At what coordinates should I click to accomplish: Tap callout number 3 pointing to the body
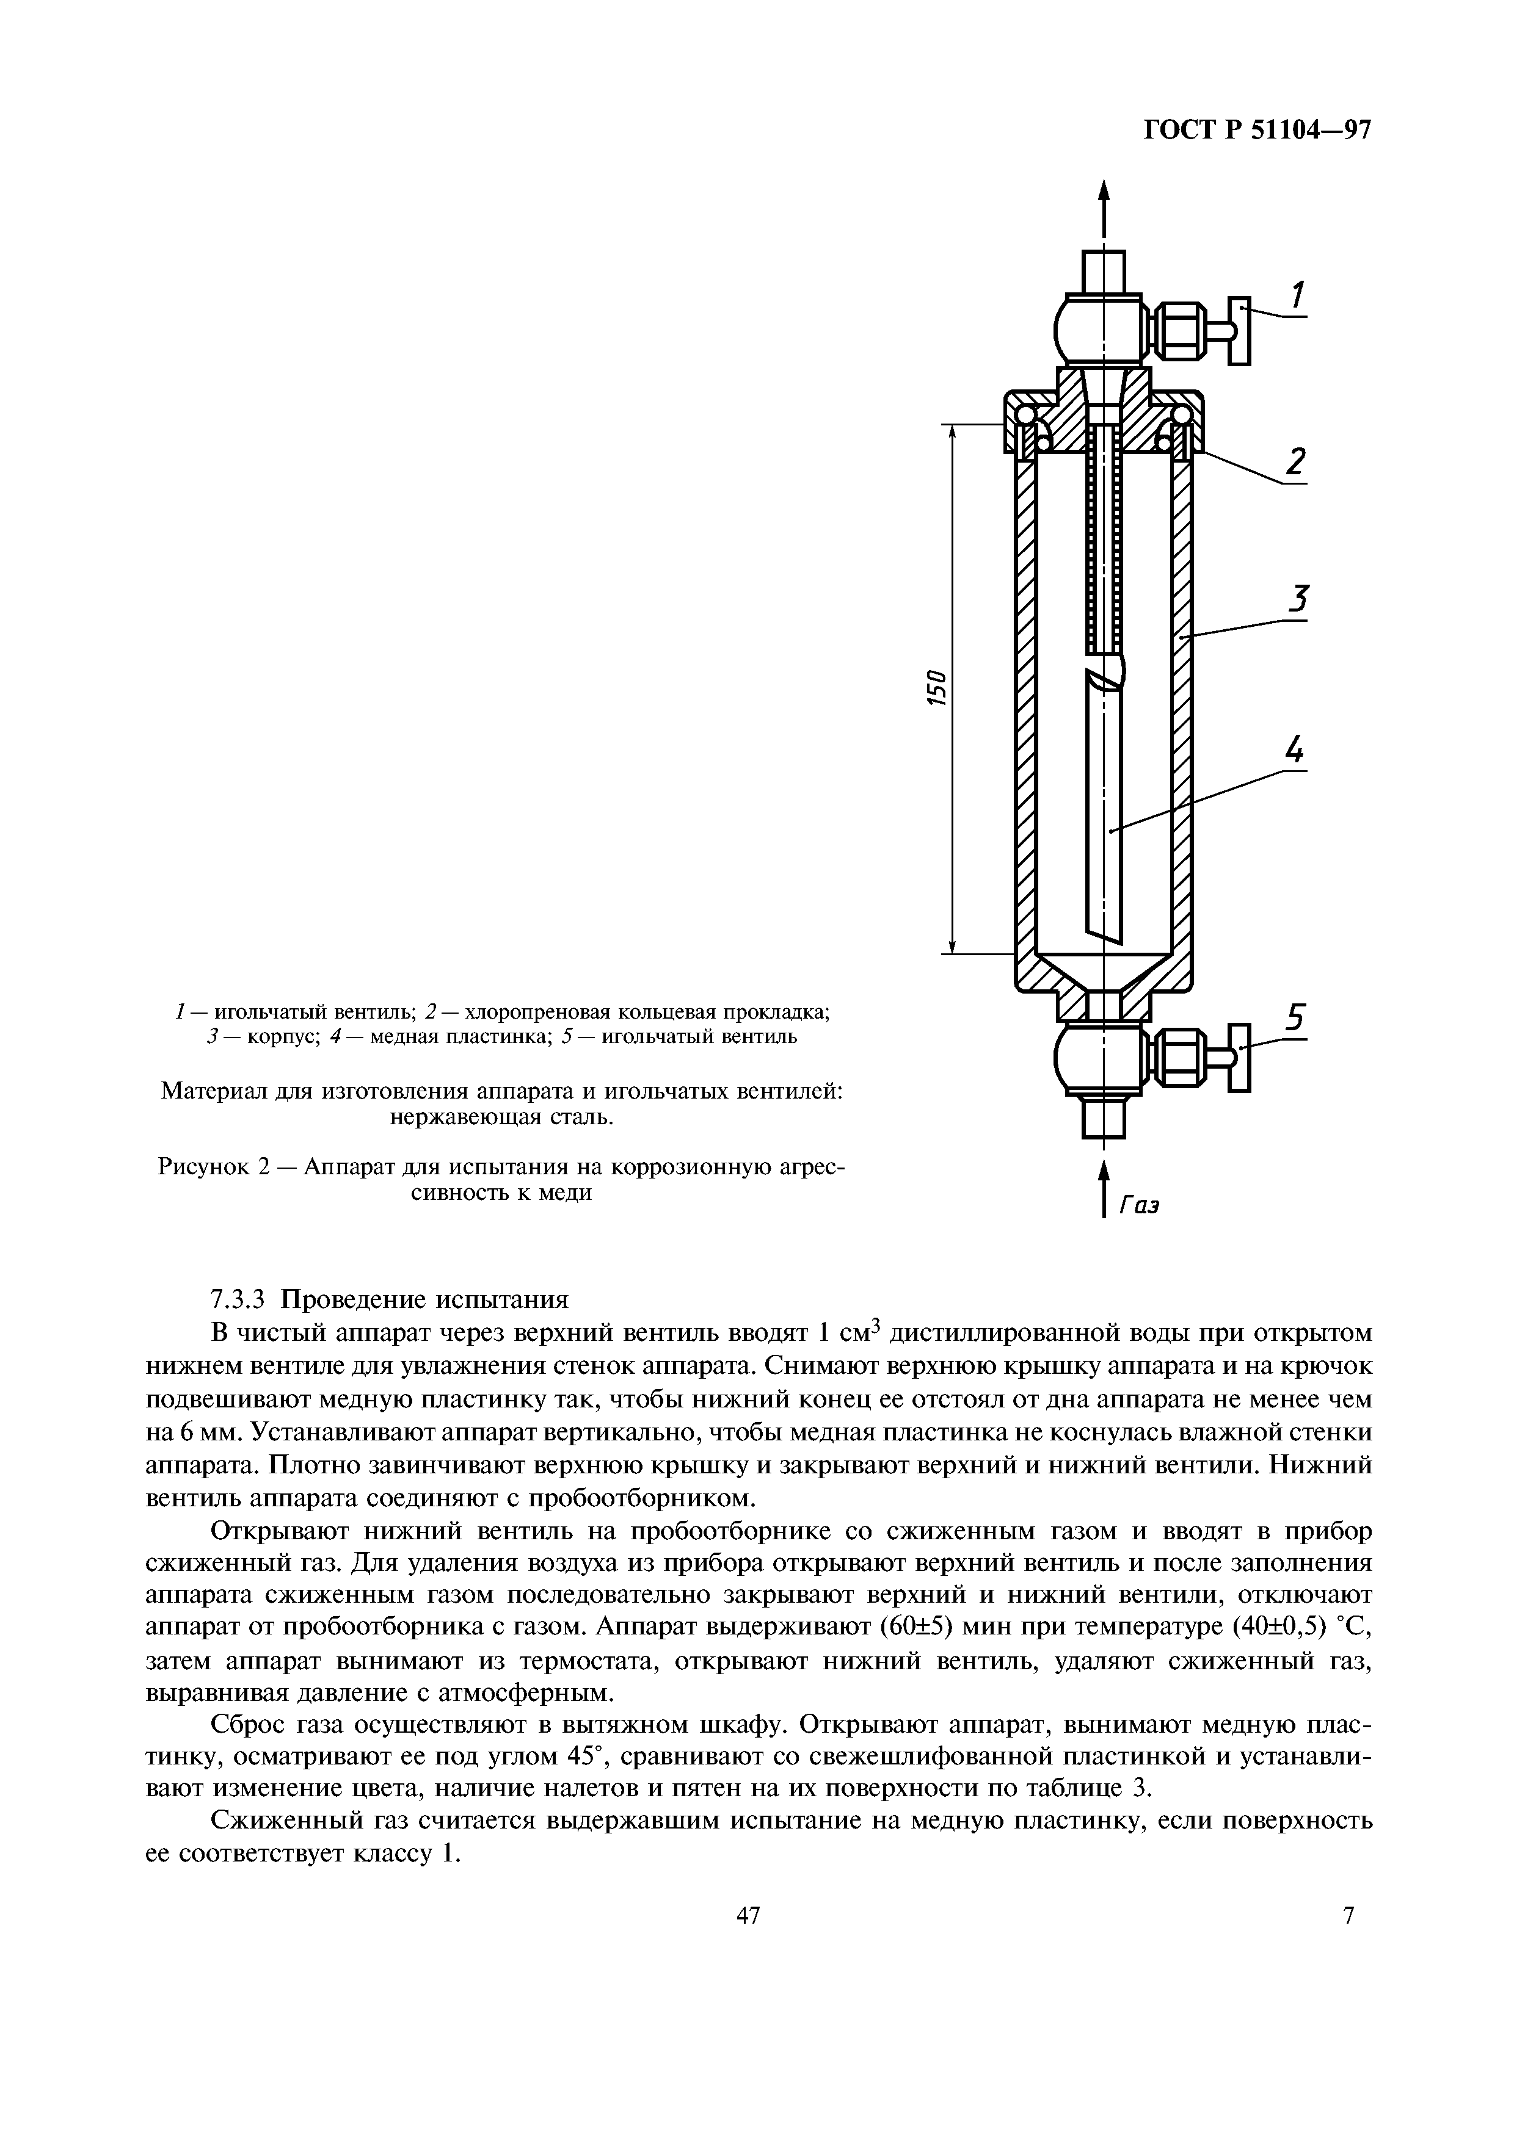click(x=1297, y=599)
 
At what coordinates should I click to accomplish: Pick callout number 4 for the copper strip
click(x=1294, y=751)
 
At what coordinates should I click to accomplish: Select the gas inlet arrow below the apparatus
click(x=1104, y=1189)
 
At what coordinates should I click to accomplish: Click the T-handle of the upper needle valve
click(x=1238, y=331)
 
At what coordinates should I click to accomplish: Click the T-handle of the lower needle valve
click(x=1239, y=1056)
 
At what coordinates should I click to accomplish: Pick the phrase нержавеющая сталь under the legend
click(x=502, y=1116)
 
